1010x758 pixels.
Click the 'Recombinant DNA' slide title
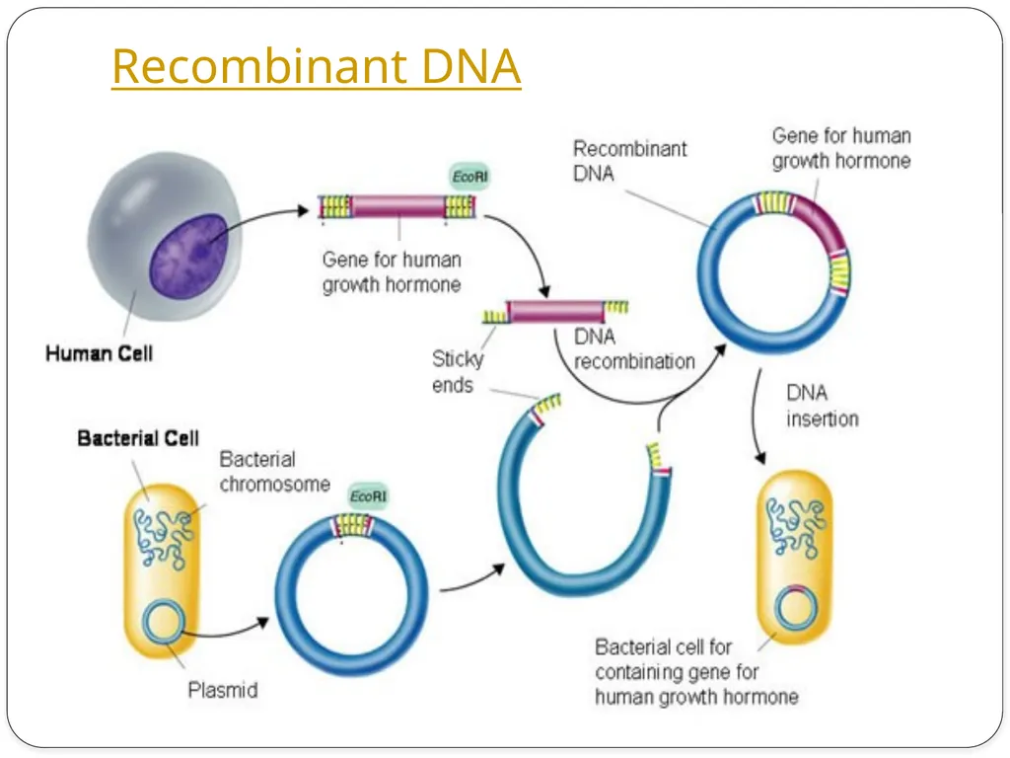click(x=317, y=66)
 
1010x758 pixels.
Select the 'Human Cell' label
click(x=100, y=353)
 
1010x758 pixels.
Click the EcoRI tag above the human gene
click(x=469, y=177)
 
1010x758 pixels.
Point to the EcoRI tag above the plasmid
click(x=368, y=496)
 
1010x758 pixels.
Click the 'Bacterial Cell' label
click(x=138, y=438)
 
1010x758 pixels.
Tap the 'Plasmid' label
click(x=223, y=690)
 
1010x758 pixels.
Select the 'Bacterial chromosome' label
click(x=275, y=471)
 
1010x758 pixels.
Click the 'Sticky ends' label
click(x=458, y=372)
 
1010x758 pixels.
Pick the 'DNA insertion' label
click(x=823, y=406)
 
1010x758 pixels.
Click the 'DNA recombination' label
click(x=634, y=348)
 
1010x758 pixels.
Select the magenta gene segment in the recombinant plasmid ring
click(x=822, y=222)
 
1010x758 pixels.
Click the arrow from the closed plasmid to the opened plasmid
click(x=472, y=579)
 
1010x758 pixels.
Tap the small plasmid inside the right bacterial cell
click(x=797, y=607)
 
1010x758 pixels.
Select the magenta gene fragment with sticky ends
click(x=556, y=311)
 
